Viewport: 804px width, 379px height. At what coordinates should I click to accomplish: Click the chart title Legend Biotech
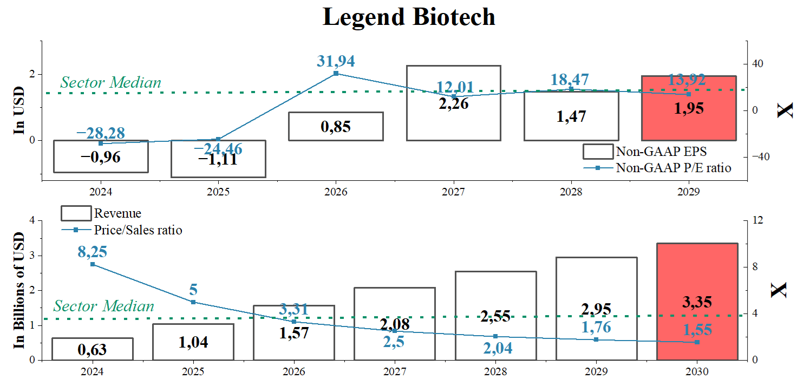click(409, 17)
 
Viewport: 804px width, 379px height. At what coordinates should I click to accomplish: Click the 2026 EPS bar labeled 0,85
click(336, 126)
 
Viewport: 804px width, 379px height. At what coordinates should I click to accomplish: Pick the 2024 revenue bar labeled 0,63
click(93, 349)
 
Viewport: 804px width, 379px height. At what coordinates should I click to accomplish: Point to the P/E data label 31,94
click(336, 61)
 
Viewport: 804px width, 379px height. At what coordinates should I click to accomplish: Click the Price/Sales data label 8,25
click(93, 252)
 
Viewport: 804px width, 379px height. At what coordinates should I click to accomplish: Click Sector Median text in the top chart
click(110, 82)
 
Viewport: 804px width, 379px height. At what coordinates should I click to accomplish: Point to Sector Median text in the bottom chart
click(103, 306)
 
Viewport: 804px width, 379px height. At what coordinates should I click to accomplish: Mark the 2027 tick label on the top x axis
click(453, 192)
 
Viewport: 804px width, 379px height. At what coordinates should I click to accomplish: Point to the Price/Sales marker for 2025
click(193, 302)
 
